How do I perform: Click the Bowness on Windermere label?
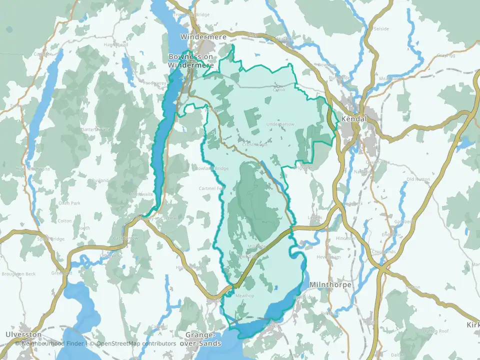(190, 61)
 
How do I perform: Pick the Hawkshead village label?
(115, 44)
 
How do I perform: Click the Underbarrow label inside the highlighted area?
(281, 124)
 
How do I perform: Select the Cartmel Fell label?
(210, 188)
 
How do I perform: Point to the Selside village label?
(381, 29)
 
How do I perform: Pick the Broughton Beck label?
(18, 274)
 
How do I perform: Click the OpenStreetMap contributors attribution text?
(136, 343)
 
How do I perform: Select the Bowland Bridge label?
(214, 168)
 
